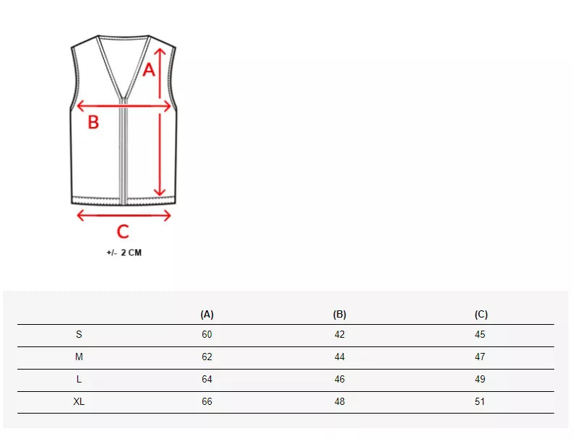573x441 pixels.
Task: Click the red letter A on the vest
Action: pos(148,70)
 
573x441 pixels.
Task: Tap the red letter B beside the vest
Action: pos(93,123)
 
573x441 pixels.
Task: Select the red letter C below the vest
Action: pos(123,232)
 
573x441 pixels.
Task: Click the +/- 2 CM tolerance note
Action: pos(124,253)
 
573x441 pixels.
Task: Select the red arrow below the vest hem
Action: pos(124,214)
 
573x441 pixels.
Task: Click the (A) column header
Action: pos(207,315)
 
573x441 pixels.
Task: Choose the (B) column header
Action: pos(340,315)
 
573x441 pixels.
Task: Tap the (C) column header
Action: pos(481,315)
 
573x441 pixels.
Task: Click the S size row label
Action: pos(79,335)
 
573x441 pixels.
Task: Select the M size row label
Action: pos(79,357)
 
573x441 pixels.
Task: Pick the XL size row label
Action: pos(79,402)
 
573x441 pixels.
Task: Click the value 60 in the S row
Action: pos(207,335)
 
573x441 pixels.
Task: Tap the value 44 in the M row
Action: pos(340,357)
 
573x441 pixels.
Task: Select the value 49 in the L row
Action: pos(481,380)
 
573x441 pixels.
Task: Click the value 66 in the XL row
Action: pos(207,402)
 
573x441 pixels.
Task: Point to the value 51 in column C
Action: pos(481,402)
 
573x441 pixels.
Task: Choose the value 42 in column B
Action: pos(340,335)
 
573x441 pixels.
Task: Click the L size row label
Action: pos(79,380)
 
